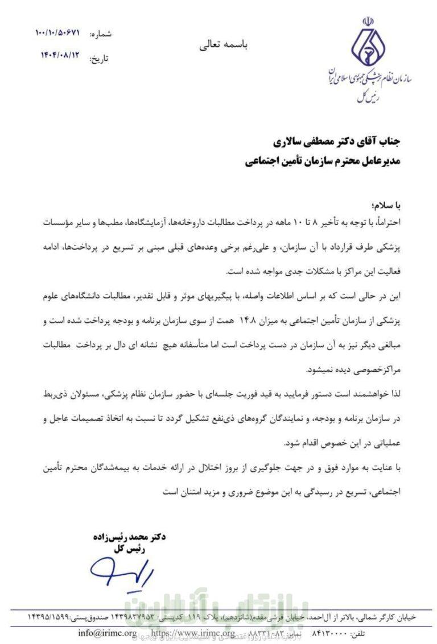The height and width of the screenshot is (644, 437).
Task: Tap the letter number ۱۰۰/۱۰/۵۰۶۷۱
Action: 57,33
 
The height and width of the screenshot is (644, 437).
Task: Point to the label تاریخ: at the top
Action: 99,58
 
